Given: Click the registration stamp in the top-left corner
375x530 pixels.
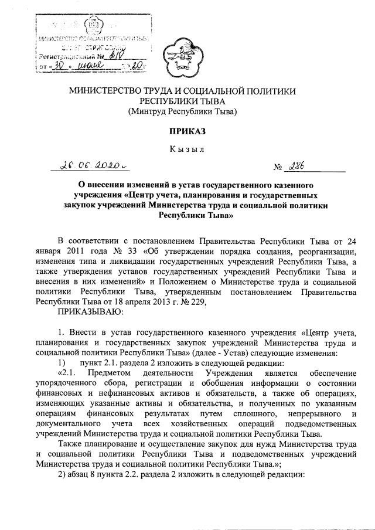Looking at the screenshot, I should [93, 43].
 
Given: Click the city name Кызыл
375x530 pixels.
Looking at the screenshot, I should [187, 150].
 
